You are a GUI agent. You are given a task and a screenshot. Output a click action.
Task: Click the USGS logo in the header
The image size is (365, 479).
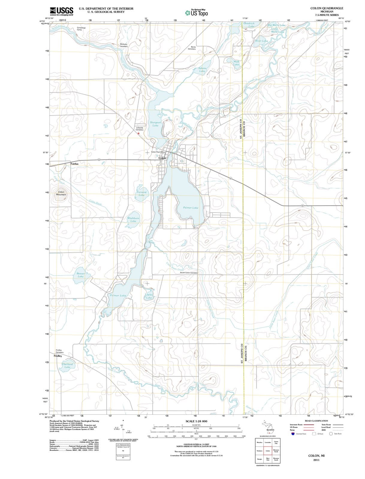[x=61, y=11]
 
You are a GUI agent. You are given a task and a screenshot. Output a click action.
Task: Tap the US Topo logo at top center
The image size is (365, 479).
[x=197, y=13]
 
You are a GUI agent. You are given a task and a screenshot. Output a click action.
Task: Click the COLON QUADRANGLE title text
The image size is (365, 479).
[x=327, y=8]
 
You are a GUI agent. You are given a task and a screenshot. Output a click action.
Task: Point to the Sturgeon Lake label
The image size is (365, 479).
[x=155, y=124]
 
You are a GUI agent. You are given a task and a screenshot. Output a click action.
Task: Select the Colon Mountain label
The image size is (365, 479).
[x=61, y=193]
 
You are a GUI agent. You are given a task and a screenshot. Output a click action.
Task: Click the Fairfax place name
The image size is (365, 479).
[x=75, y=164]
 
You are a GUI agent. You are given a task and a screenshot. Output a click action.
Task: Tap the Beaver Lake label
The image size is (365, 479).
[x=81, y=275]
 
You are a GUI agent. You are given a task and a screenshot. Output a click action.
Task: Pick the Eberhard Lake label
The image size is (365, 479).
[x=67, y=366]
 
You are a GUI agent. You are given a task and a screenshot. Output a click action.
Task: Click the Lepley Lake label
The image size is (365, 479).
[x=149, y=296]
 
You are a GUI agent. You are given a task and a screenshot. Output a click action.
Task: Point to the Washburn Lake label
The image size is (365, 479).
[x=133, y=220]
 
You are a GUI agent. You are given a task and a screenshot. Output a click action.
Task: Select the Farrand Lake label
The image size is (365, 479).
[x=141, y=193]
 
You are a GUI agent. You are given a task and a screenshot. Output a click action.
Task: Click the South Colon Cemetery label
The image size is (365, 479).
[x=189, y=273]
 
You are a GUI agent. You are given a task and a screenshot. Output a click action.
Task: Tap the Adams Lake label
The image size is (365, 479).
[x=202, y=70]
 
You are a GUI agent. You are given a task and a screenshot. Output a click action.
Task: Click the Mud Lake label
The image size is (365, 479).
[x=236, y=63]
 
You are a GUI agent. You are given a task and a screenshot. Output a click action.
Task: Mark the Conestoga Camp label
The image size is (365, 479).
[x=81, y=29]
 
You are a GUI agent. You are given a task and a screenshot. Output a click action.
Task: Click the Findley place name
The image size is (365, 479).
[x=58, y=356]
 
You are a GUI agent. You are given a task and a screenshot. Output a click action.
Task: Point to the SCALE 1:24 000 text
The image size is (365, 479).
[x=196, y=421]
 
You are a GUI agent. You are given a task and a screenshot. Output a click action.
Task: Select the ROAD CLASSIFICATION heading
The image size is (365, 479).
[x=316, y=421]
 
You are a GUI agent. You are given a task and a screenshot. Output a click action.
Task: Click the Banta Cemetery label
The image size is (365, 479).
[x=192, y=48]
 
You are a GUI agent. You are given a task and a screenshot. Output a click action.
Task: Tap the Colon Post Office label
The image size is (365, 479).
[x=158, y=152]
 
